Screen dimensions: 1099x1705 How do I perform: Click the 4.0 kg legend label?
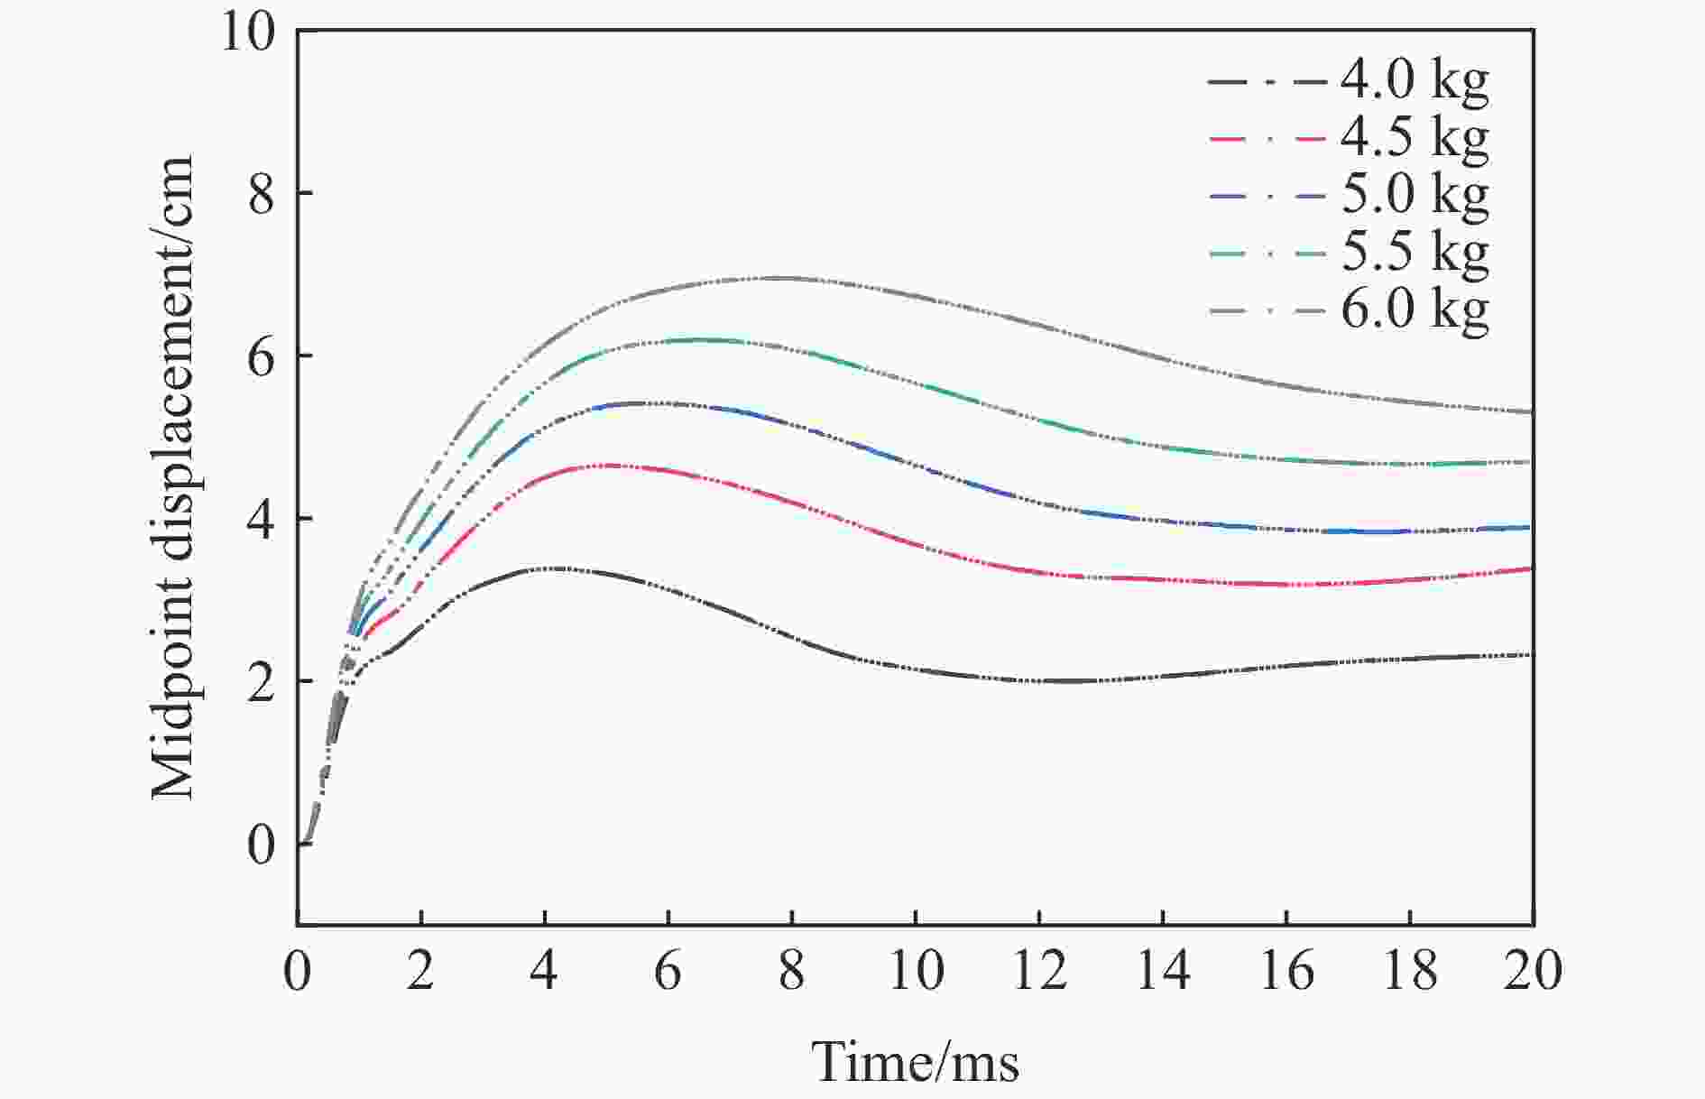(1414, 81)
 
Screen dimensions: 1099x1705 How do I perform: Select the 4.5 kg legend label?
(1414, 138)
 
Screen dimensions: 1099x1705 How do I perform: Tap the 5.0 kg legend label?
(1414, 196)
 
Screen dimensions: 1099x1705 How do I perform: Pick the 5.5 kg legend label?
(1414, 254)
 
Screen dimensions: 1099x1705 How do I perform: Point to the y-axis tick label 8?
(261, 195)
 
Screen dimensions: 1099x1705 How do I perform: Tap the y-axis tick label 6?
(261, 357)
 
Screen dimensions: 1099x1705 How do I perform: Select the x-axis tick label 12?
(1039, 972)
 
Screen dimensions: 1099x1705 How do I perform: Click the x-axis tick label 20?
(1533, 972)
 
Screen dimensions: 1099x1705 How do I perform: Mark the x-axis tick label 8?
(792, 972)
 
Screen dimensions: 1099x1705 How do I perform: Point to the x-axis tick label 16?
(1286, 972)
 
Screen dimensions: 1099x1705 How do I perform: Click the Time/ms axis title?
(915, 1062)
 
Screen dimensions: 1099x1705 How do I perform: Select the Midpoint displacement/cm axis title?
(173, 478)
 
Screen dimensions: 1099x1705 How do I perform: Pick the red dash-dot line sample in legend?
(1267, 138)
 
